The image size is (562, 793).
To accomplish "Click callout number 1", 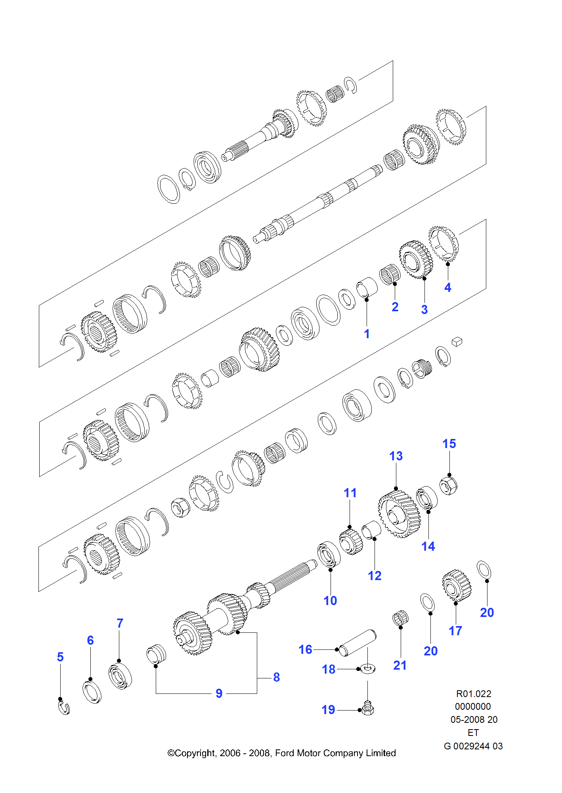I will [x=367, y=334].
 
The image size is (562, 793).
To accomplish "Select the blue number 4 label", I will [x=447, y=287].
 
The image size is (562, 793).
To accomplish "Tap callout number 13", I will [x=396, y=456].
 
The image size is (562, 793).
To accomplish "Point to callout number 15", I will [x=449, y=444].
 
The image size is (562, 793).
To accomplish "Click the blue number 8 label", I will [x=276, y=677].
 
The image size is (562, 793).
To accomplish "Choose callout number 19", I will [x=328, y=710].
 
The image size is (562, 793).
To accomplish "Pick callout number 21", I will [x=400, y=665].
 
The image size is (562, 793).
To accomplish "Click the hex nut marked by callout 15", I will [x=448, y=486].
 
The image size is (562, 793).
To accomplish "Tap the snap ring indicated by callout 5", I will [x=64, y=708].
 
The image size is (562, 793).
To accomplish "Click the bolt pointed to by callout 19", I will [x=368, y=708].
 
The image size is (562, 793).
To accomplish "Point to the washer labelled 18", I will [x=369, y=669].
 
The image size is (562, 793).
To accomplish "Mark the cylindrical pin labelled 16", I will [x=357, y=643].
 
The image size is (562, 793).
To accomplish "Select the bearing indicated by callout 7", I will [x=120, y=676].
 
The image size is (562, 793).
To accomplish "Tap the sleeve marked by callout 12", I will [x=371, y=530].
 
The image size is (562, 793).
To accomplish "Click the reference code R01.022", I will [x=474, y=694].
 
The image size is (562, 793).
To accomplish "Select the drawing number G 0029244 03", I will [x=473, y=746].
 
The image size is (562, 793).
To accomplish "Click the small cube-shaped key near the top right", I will [x=457, y=341].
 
